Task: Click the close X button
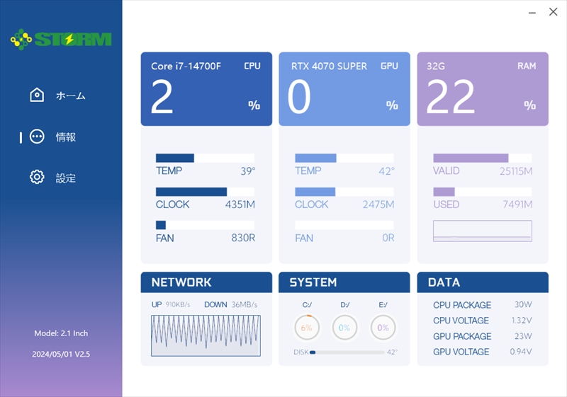point(553,12)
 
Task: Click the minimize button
point(532,13)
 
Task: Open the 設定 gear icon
point(37,177)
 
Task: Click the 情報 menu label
point(65,137)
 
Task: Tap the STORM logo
point(61,39)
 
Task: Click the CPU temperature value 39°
point(247,171)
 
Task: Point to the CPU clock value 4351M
point(240,205)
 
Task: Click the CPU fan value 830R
point(243,238)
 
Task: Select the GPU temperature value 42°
point(386,171)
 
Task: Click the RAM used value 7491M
point(517,205)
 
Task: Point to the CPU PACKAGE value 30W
point(523,304)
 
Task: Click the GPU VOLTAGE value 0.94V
point(521,351)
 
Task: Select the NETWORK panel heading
point(181,282)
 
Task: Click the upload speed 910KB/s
point(178,304)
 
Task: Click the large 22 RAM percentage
point(451,96)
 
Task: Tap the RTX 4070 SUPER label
point(329,66)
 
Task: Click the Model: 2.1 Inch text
point(61,333)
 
